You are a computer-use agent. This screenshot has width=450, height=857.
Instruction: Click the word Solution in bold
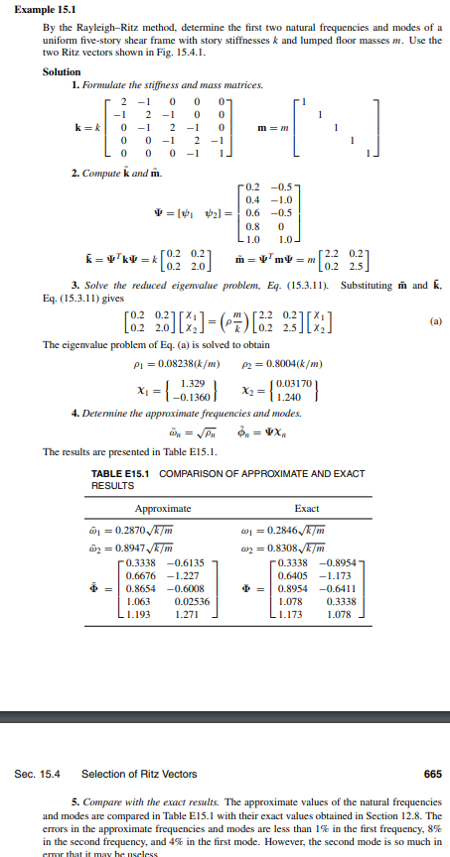coord(63,71)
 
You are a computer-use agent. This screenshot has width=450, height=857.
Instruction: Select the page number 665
coord(431,773)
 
